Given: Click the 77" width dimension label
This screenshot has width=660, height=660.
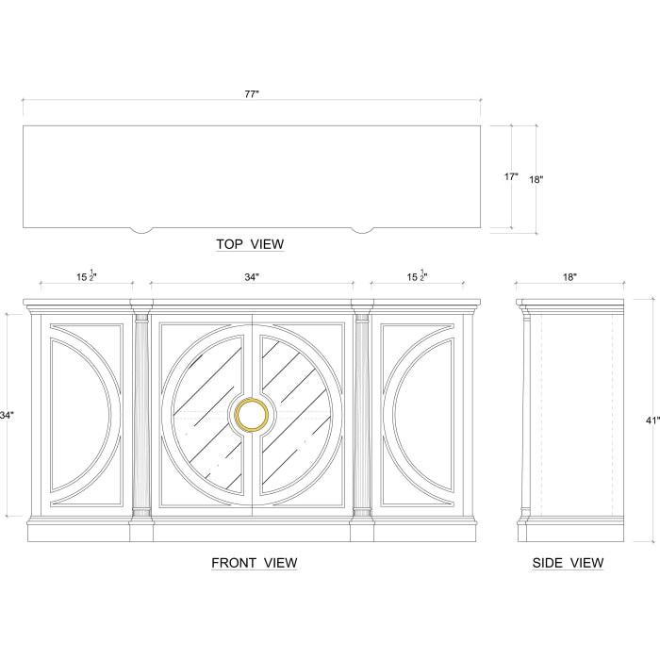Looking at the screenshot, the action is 252,94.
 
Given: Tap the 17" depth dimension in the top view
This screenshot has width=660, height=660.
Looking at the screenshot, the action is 511,177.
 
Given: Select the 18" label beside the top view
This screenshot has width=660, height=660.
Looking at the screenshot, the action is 536,180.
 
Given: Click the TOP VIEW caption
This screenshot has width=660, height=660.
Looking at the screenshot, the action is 250,244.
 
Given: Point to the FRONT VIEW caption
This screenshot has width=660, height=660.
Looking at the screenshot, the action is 255,563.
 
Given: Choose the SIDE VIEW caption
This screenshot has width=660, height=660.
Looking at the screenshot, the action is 568,563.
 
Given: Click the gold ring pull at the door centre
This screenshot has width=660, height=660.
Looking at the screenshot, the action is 252,416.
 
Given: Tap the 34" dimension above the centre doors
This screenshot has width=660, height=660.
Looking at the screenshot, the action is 252,277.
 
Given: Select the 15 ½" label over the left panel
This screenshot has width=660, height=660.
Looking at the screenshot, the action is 87,276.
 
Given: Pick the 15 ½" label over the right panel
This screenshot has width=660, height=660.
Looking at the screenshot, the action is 417,276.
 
